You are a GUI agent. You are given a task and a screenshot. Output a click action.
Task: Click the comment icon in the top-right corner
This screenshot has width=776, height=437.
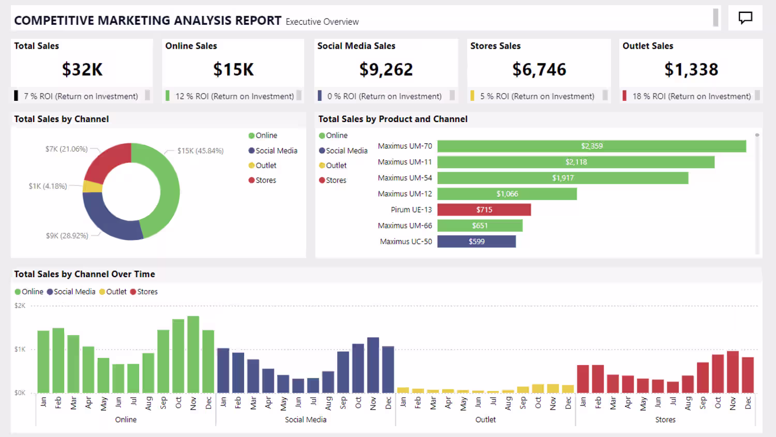(x=745, y=18)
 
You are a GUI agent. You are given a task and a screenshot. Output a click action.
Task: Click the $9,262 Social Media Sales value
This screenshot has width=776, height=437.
(x=386, y=69)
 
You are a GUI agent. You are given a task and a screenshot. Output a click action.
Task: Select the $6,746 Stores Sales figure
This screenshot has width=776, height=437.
(x=539, y=69)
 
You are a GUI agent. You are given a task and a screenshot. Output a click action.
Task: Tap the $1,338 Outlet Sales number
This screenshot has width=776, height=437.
(x=691, y=69)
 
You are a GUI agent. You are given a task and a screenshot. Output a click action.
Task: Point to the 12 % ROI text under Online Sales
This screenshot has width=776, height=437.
(x=234, y=96)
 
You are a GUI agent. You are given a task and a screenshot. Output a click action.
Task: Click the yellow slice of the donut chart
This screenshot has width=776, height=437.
(x=93, y=186)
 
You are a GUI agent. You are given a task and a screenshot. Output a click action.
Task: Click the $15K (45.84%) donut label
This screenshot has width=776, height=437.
(x=200, y=151)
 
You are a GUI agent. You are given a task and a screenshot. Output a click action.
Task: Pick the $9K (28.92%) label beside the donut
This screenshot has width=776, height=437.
(x=67, y=236)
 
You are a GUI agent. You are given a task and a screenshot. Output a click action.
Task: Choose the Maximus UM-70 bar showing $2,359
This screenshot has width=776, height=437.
(x=591, y=146)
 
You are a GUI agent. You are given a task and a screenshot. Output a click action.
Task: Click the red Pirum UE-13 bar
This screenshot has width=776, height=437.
(x=484, y=209)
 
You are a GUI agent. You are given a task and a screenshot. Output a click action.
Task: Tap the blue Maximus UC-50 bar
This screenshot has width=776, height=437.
(x=476, y=242)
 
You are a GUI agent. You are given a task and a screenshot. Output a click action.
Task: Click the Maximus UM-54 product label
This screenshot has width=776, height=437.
(x=405, y=178)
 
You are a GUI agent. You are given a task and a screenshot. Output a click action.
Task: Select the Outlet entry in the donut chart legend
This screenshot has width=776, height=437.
(x=266, y=165)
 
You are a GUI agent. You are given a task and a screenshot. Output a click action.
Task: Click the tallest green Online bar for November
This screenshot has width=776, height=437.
(x=193, y=354)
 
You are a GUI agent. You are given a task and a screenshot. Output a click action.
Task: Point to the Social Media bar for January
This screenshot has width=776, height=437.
(x=223, y=370)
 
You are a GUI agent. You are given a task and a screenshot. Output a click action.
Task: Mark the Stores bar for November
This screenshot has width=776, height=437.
(x=733, y=372)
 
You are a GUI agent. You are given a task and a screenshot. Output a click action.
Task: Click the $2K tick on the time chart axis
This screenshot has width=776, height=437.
(x=20, y=306)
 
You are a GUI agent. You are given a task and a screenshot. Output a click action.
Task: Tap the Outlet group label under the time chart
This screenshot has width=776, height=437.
(x=485, y=419)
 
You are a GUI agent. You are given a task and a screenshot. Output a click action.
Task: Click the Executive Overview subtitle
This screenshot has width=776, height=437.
(x=322, y=22)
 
